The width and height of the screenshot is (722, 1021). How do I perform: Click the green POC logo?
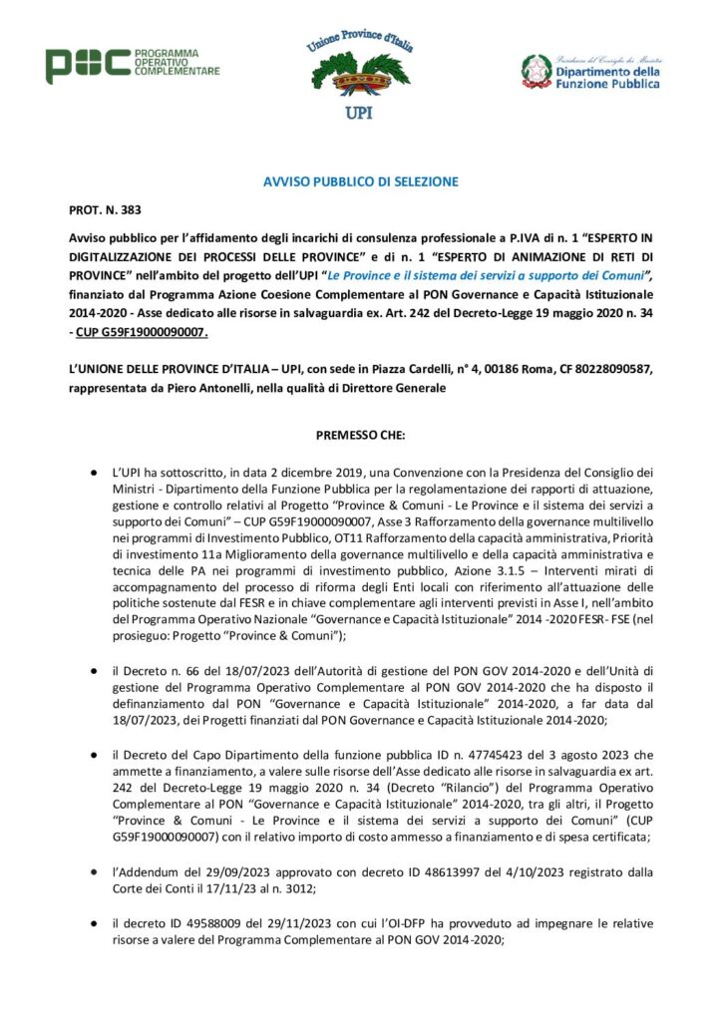pos(87,65)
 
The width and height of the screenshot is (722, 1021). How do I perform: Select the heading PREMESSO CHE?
pos(360,435)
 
